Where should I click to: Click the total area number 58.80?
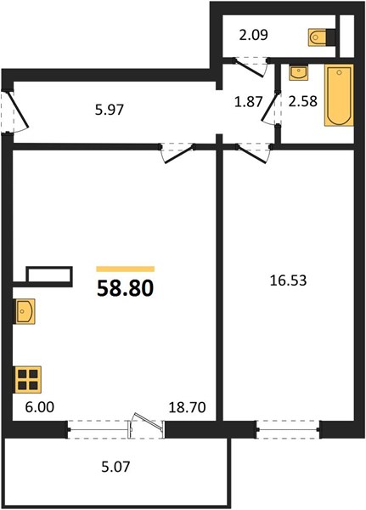(125, 288)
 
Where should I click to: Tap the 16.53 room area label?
(289, 280)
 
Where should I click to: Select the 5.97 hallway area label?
(110, 110)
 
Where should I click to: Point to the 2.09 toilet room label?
(254, 35)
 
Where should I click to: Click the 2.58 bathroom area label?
(302, 101)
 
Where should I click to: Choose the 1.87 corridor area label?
(248, 102)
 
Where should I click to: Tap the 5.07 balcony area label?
(115, 467)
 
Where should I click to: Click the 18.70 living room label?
(187, 407)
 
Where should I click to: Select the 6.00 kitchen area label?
(40, 407)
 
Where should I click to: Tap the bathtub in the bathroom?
(339, 95)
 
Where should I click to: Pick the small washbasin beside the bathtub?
(299, 72)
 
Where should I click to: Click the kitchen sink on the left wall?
(24, 311)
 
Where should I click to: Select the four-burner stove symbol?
(27, 379)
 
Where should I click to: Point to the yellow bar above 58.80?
(125, 269)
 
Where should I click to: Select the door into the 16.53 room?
(254, 154)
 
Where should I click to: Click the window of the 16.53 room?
(288, 429)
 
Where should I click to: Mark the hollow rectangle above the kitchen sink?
(49, 275)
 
